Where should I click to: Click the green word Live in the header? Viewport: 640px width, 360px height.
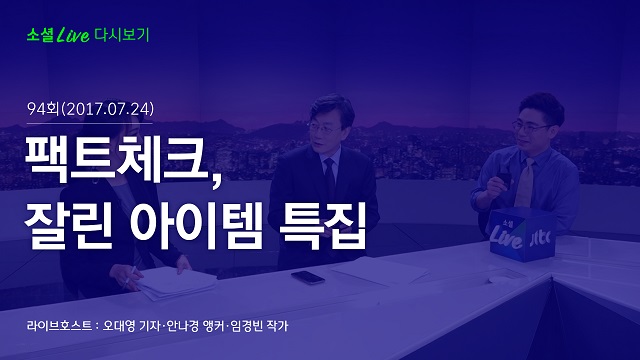click(73, 35)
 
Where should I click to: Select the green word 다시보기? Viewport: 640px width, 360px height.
click(122, 35)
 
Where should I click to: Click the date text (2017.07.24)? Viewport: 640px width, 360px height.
click(108, 109)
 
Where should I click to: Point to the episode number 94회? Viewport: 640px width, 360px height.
click(43, 109)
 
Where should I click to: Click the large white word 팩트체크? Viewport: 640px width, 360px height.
click(117, 158)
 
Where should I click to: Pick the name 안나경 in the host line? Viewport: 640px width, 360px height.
click(182, 326)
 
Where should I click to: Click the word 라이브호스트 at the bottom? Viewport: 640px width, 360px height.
click(59, 326)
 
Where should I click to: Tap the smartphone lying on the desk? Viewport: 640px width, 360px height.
click(308, 278)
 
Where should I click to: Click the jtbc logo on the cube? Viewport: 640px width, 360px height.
click(540, 238)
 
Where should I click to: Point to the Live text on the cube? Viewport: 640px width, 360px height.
click(506, 237)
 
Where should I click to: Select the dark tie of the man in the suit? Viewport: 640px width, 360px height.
click(329, 179)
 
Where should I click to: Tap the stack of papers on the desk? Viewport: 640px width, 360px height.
click(176, 282)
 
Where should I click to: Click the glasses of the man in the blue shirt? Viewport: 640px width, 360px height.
click(531, 127)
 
